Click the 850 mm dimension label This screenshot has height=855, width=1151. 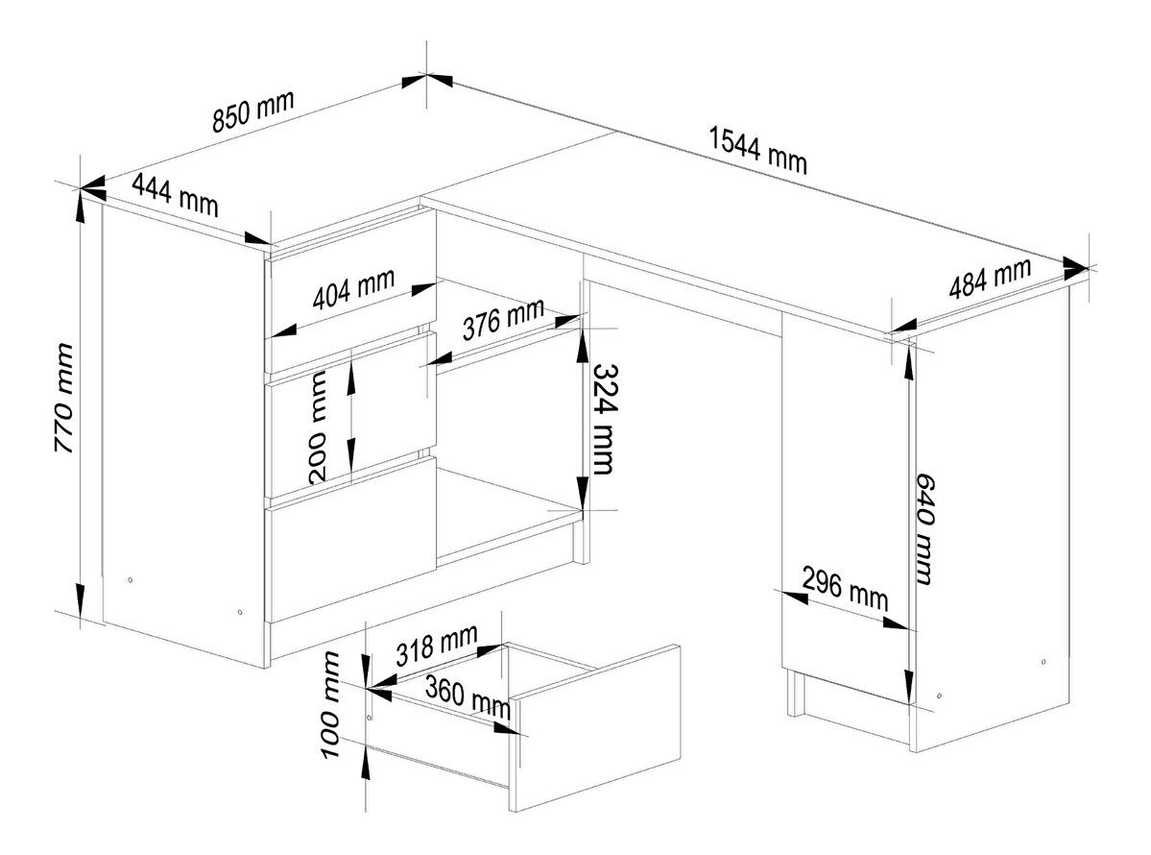coord(253,110)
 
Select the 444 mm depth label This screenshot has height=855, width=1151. coord(175,194)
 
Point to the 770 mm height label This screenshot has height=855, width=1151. coord(64,398)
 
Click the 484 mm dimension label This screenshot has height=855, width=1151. coord(991,280)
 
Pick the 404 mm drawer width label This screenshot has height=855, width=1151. coord(354,288)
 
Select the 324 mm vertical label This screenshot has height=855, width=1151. coord(603,419)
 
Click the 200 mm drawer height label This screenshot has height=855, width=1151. coord(318,427)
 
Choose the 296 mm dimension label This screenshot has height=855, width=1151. coord(845,588)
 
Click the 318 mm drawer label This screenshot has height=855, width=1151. coord(437,645)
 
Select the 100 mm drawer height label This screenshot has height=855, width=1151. coord(331,705)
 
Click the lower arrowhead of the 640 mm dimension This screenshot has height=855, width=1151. coord(909,688)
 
